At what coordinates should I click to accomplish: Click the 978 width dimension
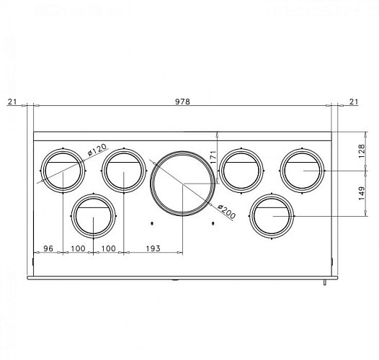coord(182,102)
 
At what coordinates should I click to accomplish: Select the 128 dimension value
coord(362,150)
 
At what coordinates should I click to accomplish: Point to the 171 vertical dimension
coord(213,156)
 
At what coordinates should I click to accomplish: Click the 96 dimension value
coord(49,248)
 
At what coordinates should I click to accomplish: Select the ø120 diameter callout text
coord(97,151)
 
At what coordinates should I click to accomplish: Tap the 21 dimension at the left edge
coord(12,102)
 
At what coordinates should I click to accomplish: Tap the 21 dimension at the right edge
coord(353,102)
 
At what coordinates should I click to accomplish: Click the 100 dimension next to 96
coord(79,248)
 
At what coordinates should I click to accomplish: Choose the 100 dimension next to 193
coord(108,248)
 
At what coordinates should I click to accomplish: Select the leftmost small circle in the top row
coord(63,171)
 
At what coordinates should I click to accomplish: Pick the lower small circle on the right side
coord(272,215)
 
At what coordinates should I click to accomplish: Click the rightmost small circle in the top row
coord(301,171)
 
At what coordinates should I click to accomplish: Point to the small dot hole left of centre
coord(152,223)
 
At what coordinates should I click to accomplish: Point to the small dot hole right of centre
coord(213,223)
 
